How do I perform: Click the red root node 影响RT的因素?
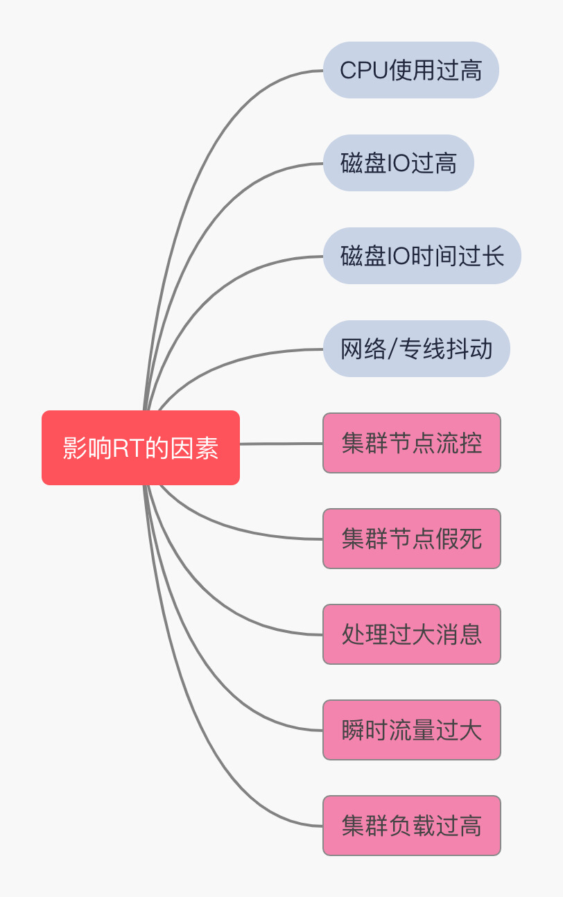pos(141,448)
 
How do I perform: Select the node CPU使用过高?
pos(411,70)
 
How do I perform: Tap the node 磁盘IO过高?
pos(399,163)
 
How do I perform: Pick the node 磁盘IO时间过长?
pos(422,256)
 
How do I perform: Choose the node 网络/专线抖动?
pos(416,349)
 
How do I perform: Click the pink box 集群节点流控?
pos(412,443)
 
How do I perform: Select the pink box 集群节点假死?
pos(412,539)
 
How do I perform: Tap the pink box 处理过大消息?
pos(412,634)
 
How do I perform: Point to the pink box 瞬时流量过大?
pos(412,730)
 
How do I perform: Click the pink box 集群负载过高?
pos(412,826)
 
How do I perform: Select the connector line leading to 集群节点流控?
pos(281,444)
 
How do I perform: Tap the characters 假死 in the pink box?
pos(468,539)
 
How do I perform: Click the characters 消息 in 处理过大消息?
pos(468,634)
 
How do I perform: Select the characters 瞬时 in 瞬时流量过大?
pos(365,730)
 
